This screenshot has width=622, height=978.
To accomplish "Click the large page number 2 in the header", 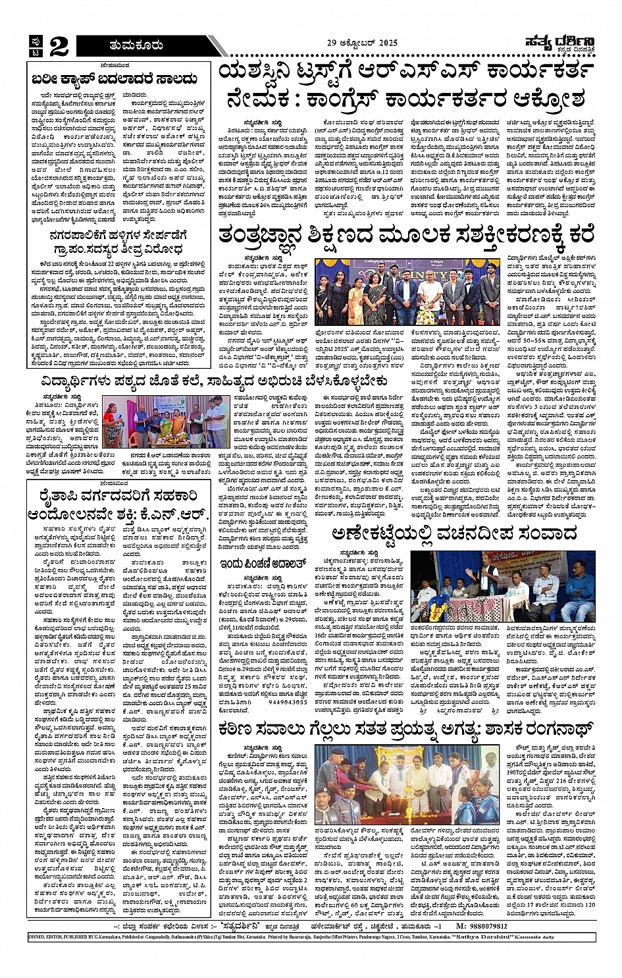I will tap(58, 45).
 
